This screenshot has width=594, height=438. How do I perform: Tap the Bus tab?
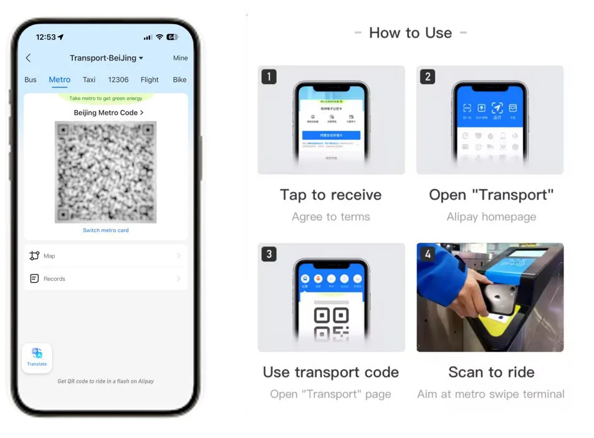pos(31,80)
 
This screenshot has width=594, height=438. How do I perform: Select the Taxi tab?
pos(89,80)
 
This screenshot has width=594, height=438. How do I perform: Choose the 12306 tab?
pos(118,80)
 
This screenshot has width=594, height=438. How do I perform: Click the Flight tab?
pos(150,80)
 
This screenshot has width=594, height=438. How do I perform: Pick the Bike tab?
pos(180,80)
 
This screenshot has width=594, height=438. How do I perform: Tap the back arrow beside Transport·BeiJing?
pos(28,58)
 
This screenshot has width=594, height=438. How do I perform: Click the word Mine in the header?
pos(180,58)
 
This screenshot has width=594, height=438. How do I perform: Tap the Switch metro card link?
pos(106,230)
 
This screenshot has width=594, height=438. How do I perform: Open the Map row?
pos(105,256)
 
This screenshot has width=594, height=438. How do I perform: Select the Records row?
pos(105,279)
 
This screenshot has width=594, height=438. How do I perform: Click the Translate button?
pos(37,358)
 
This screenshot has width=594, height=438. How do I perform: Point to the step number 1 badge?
pos(269,77)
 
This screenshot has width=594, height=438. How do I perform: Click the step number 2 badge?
pos(428,77)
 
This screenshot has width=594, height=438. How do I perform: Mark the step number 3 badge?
pos(269,254)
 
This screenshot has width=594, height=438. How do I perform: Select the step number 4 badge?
pos(428,254)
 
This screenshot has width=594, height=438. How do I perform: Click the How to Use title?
pos(410,33)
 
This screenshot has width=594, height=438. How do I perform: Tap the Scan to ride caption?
pos(491,372)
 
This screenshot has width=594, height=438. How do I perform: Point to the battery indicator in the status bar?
pos(172,37)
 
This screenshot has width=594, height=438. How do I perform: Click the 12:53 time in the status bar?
pos(46,37)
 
